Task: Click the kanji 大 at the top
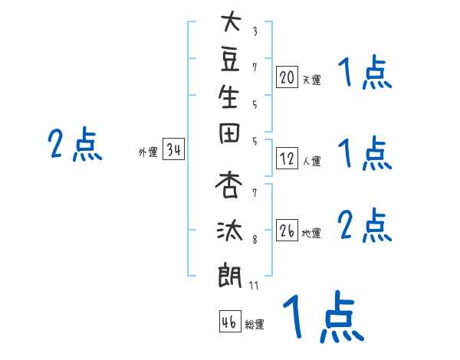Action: (231, 21)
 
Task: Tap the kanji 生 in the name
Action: (231, 98)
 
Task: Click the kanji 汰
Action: (231, 229)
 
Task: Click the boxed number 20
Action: (287, 77)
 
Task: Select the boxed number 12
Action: (287, 159)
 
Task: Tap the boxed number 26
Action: (287, 231)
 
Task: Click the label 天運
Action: (311, 79)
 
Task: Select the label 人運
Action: (311, 161)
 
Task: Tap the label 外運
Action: (148, 152)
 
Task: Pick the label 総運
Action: (255, 325)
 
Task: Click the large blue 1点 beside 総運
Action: (321, 316)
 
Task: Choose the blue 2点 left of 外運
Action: (74, 145)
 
